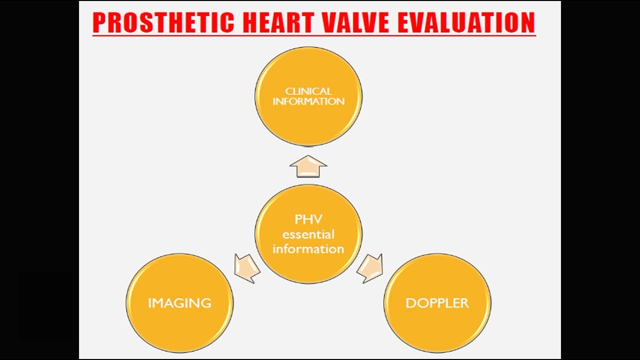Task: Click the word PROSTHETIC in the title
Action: [x=163, y=23]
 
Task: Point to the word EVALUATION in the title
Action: [x=474, y=23]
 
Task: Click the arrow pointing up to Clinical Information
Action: [x=308, y=166]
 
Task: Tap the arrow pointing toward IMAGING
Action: [x=247, y=267]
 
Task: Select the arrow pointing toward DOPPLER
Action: [x=370, y=267]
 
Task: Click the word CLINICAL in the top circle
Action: [x=308, y=91]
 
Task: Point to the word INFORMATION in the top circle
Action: [x=308, y=101]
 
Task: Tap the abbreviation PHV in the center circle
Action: [x=308, y=219]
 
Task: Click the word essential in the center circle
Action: [x=308, y=234]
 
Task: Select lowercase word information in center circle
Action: [x=308, y=249]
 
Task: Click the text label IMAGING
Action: [x=179, y=303]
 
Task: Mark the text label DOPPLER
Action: [x=437, y=303]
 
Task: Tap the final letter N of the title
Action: [x=527, y=23]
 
